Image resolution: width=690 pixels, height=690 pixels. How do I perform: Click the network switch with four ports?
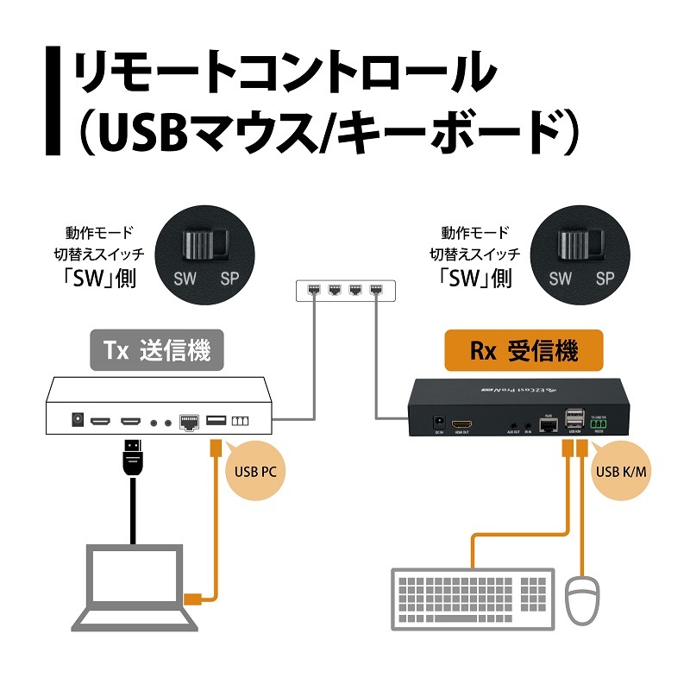[342, 291]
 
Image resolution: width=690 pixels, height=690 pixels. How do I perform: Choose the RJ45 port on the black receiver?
[546, 424]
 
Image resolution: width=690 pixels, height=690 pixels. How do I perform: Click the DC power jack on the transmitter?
[77, 420]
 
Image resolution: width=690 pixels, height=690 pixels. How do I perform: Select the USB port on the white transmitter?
[216, 420]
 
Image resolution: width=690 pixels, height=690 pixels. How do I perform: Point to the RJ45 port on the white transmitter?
[189, 421]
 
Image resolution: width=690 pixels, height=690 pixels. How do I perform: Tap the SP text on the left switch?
[230, 279]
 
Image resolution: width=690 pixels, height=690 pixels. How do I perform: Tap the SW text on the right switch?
[560, 279]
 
